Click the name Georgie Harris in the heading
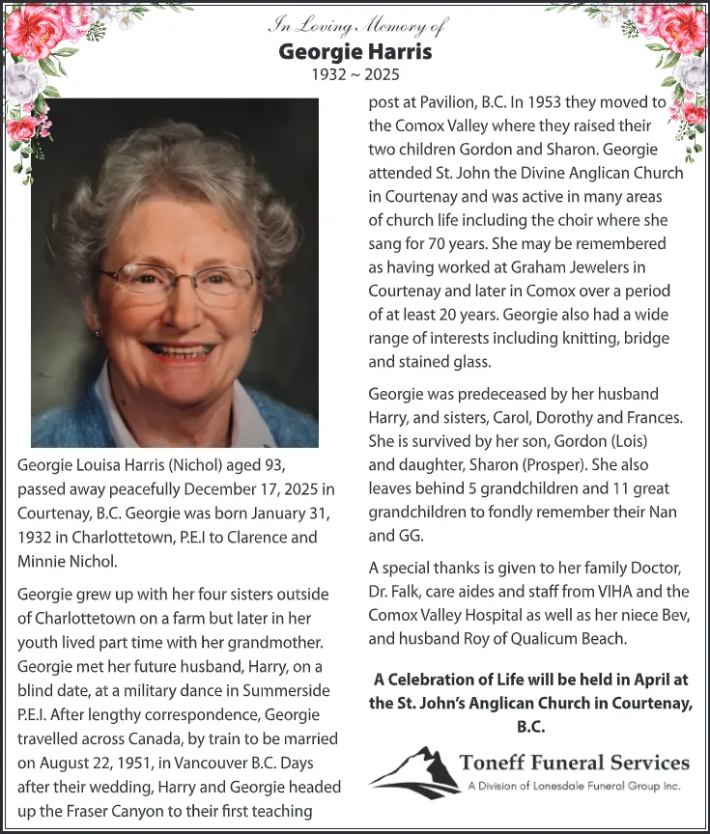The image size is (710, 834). point(355,50)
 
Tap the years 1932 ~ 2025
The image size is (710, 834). point(355,74)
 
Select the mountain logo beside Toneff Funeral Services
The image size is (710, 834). point(412,771)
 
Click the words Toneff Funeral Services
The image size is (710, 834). point(576,763)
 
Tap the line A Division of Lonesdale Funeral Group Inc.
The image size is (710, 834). point(575,786)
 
